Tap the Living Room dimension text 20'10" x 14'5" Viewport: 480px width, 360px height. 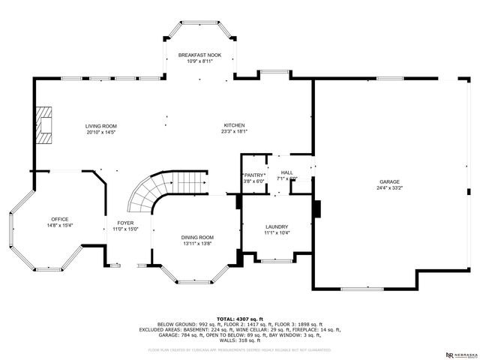(100, 133)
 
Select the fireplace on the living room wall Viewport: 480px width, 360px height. (46, 125)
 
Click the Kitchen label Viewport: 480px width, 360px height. (234, 125)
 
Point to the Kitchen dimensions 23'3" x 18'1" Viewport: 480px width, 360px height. (234, 132)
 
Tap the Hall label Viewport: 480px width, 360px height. (286, 172)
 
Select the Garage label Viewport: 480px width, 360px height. (389, 181)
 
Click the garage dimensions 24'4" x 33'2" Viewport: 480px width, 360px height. (389, 188)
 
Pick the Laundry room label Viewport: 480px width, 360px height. (277, 226)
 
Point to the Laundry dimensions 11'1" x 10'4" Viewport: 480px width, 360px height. (277, 233)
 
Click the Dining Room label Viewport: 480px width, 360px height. (197, 237)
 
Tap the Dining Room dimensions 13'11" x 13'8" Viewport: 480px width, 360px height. (197, 244)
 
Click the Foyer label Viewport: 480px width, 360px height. (124, 223)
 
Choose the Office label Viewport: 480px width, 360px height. (59, 218)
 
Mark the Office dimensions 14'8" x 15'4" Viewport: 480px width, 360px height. (59, 225)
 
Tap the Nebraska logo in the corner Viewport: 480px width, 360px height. (460, 353)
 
